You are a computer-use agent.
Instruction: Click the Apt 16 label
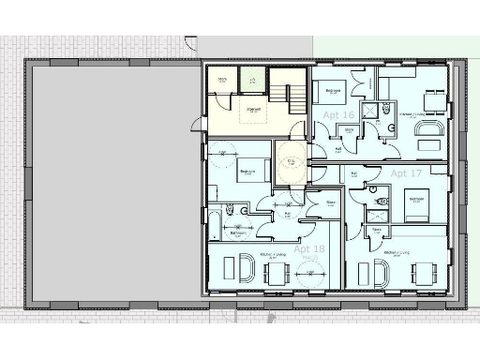337,114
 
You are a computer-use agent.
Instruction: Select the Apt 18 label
309,249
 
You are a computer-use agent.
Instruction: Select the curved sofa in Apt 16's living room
431,125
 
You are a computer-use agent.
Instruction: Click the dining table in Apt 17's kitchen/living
425,273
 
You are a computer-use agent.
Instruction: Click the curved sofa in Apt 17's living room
383,273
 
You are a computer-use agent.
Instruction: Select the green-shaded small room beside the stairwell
252,80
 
